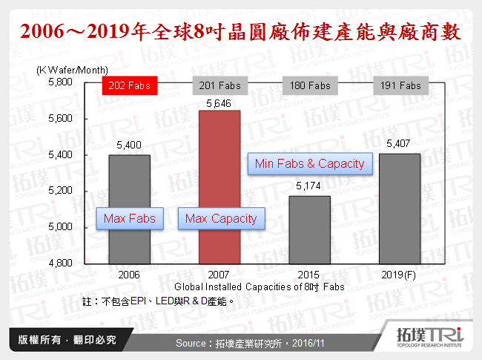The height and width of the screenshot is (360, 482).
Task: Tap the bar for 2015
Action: tap(309, 230)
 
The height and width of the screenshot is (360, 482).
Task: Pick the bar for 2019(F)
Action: tap(400, 208)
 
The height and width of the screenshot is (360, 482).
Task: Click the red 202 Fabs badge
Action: tap(129, 85)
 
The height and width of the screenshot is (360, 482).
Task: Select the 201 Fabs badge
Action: tap(219, 85)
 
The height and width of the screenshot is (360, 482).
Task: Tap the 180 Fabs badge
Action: tap(309, 85)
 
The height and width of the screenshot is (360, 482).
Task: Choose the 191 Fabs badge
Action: tap(400, 85)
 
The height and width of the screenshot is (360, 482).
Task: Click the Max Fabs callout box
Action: tap(129, 218)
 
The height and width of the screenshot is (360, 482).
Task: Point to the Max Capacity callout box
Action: tap(220, 218)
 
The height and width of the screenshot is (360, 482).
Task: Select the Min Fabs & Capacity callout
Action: tap(309, 163)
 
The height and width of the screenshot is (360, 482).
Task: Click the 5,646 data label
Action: tap(219, 103)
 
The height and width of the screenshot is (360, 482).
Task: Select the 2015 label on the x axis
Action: tap(309, 274)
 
